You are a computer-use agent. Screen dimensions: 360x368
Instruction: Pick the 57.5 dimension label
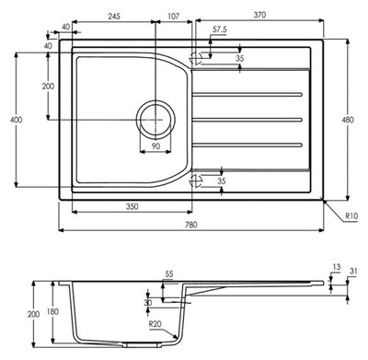pos(219,30)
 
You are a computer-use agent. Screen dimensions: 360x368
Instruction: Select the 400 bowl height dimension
pos(10,120)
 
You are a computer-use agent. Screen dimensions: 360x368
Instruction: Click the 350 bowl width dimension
pos(132,207)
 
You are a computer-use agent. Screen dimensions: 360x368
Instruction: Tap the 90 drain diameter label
pos(155,145)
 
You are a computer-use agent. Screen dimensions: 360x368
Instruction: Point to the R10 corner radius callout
pos(351,216)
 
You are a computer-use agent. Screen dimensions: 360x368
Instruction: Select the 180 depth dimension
pos(53,311)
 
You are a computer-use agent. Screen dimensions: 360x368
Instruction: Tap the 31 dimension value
pos(354,269)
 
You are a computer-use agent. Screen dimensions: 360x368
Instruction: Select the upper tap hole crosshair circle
pos(195,57)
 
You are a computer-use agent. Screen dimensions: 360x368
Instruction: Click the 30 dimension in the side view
pos(148,303)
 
